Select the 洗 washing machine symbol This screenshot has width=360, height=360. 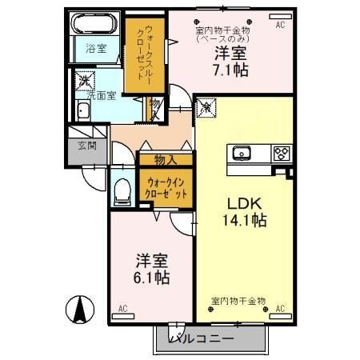tap(82, 81)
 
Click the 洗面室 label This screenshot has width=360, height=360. tap(102, 94)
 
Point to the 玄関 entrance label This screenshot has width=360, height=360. tap(87, 146)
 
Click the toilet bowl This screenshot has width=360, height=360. tap(122, 191)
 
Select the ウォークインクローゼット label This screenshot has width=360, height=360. tap(165, 189)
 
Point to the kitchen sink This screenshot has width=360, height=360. tap(242, 154)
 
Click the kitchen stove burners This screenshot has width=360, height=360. tap(282, 154)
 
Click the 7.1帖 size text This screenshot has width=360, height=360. tap(230, 70)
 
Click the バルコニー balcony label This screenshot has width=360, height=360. tap(202, 339)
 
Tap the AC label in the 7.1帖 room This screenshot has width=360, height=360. tap(280, 26)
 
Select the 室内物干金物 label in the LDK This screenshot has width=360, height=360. tap(238, 301)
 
